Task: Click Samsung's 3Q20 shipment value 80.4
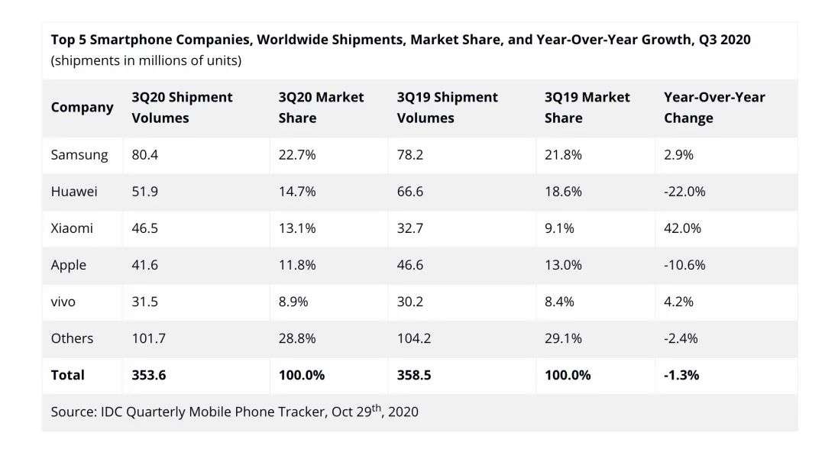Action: (144, 155)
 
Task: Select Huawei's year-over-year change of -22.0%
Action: (684, 192)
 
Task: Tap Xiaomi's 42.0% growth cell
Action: (682, 228)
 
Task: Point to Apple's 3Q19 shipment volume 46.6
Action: (410, 265)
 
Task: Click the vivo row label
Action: (63, 302)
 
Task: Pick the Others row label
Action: (72, 338)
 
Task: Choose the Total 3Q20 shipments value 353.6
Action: (150, 375)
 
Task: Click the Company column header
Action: (82, 108)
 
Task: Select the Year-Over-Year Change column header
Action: (714, 108)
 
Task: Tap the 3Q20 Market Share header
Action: (321, 108)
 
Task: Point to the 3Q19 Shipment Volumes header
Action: (447, 108)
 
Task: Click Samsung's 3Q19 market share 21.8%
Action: (563, 155)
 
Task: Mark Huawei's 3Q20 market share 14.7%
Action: (297, 192)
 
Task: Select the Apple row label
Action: (69, 265)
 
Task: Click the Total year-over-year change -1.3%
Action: (681, 375)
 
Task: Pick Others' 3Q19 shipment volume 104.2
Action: (414, 338)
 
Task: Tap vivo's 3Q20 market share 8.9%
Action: (293, 302)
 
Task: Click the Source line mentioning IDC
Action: (235, 412)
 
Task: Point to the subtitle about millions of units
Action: (146, 60)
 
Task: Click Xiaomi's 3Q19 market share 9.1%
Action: (559, 228)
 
